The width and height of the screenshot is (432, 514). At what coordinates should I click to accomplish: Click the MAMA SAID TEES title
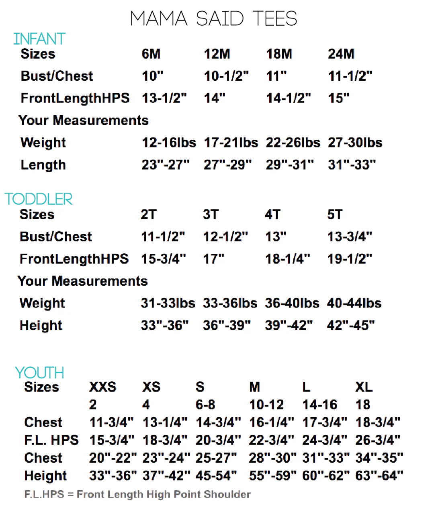(214, 18)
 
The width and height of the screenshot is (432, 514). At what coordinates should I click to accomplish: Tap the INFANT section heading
(39, 39)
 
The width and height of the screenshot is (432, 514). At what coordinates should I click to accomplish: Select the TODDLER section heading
(39, 199)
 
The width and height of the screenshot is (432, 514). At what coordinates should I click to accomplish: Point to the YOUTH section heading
(39, 373)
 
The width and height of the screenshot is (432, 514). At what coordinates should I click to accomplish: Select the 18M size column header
(279, 54)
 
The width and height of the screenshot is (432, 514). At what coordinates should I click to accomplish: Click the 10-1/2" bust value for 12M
(226, 76)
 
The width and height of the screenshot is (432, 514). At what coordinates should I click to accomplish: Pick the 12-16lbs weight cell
(169, 143)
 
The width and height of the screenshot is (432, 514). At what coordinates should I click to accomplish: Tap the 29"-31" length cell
(290, 165)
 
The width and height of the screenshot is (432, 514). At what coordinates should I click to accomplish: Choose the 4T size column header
(272, 214)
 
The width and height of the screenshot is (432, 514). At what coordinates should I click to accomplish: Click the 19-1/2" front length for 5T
(350, 259)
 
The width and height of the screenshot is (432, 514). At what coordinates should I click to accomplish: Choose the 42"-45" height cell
(351, 325)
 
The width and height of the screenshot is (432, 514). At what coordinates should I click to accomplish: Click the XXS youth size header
(102, 387)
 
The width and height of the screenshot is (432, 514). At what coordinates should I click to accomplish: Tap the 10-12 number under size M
(266, 405)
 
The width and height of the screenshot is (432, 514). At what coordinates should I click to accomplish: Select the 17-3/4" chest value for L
(325, 422)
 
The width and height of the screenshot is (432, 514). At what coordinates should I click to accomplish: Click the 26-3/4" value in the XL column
(378, 440)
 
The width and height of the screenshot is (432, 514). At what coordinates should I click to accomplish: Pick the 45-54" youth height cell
(216, 476)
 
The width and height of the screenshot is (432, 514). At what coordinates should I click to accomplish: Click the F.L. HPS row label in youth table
(51, 440)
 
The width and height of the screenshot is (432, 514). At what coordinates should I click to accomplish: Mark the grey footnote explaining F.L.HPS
(137, 494)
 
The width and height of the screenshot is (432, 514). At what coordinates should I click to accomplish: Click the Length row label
(43, 165)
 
